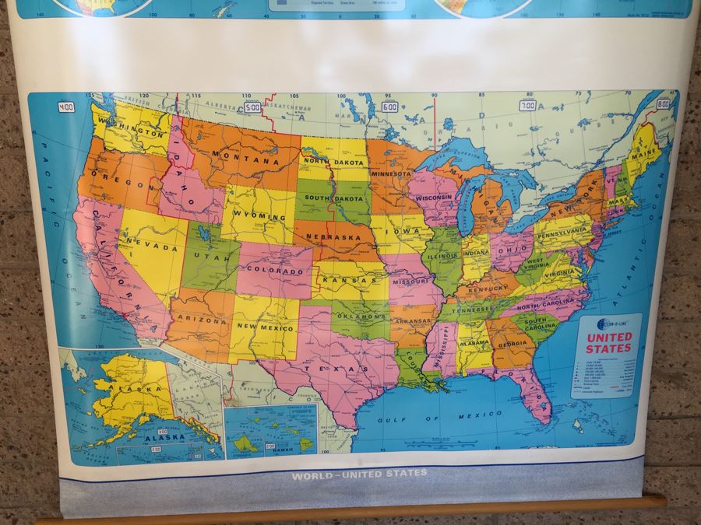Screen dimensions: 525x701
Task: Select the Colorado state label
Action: [x=274, y=271]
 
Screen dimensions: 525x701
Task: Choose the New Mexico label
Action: [x=265, y=327]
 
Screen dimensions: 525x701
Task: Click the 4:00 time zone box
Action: [x=66, y=107]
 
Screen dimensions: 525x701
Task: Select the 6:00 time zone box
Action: [x=389, y=107]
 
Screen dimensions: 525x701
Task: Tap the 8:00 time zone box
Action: [x=663, y=103]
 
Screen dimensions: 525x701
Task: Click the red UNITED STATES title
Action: [x=608, y=343]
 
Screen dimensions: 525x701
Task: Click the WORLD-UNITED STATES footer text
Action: [x=359, y=473]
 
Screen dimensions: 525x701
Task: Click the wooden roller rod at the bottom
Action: [x=350, y=509]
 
